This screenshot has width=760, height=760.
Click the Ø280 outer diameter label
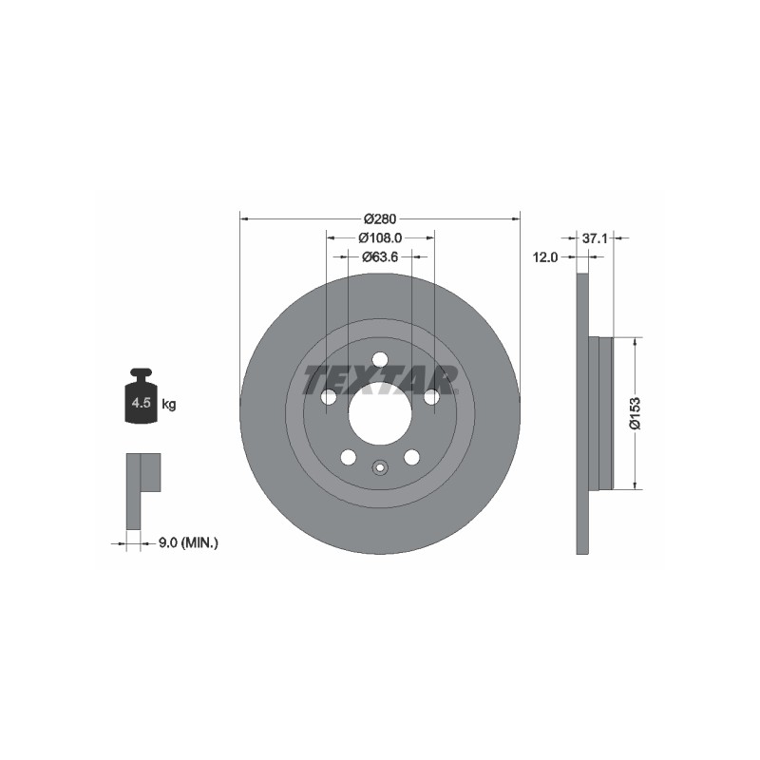point(380,219)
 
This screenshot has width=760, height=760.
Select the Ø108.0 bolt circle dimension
point(380,238)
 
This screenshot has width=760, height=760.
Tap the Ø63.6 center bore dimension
point(380,256)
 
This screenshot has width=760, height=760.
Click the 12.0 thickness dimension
point(545,257)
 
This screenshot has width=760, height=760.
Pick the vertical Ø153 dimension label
point(635,413)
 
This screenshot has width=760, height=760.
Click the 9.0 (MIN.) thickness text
point(188,543)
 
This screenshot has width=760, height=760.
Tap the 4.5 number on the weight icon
point(141,402)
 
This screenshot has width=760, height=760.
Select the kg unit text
point(169,404)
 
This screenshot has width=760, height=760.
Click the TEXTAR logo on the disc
point(381,379)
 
